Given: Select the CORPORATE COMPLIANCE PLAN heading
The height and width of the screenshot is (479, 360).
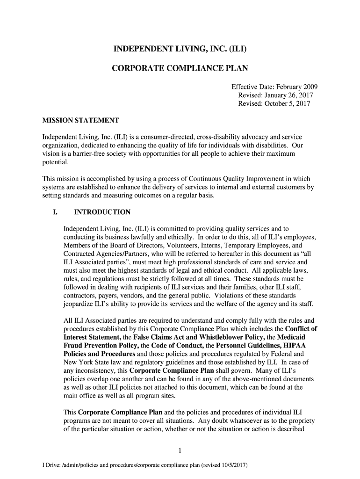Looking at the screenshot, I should pyautogui.click(x=180, y=69).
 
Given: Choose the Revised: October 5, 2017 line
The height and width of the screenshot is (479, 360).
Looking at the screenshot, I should pyautogui.click(x=274, y=104).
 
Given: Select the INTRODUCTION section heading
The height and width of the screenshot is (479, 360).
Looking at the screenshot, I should pyautogui.click(x=102, y=212).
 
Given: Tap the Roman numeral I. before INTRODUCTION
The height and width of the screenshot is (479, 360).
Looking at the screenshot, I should pyautogui.click(x=55, y=212).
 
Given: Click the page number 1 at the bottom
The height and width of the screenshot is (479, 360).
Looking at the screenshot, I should pyautogui.click(x=180, y=451).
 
